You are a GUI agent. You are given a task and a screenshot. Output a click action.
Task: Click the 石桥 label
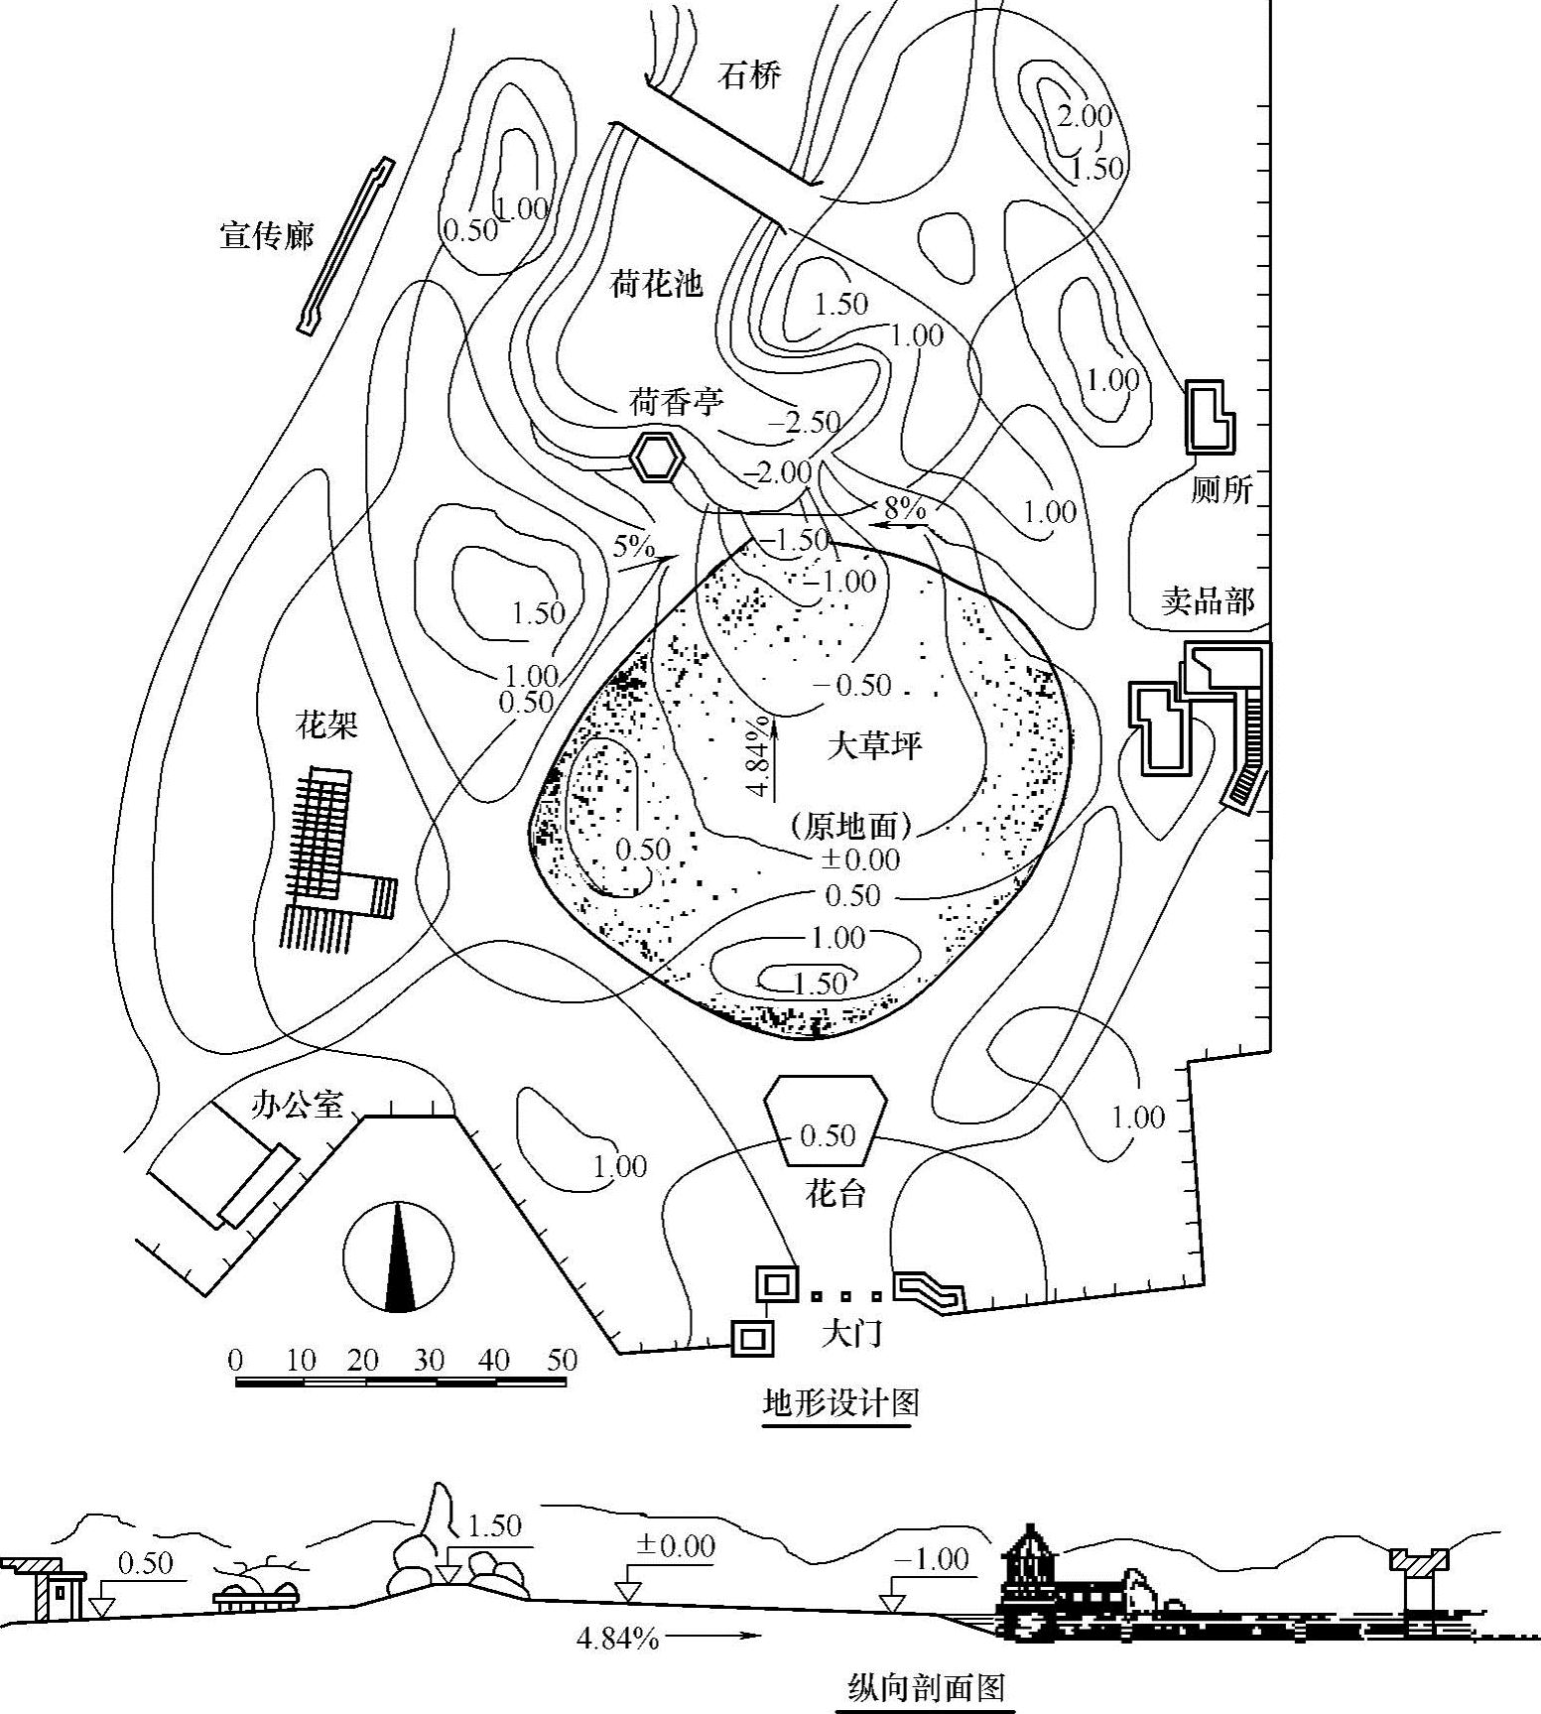(750, 75)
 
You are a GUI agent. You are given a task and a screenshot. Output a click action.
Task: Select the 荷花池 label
(656, 285)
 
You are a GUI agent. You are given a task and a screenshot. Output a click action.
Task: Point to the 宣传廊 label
(266, 236)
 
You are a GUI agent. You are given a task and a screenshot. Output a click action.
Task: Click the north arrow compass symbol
(399, 1256)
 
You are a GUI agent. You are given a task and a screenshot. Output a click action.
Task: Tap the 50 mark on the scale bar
(562, 1360)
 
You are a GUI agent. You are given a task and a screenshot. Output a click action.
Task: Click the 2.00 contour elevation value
(1084, 116)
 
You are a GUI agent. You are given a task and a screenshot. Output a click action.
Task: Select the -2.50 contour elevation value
(804, 422)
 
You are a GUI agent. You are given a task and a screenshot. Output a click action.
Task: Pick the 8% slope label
(904, 509)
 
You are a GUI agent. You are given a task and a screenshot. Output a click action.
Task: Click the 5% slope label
(634, 547)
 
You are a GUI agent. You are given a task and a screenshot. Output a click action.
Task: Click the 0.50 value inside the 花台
(828, 1135)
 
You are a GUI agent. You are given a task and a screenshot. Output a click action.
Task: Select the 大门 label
(851, 1334)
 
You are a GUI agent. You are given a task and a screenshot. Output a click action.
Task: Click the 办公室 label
(297, 1105)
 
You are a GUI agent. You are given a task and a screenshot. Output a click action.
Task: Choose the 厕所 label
(1221, 489)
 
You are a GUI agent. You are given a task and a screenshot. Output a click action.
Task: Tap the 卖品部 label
(1208, 600)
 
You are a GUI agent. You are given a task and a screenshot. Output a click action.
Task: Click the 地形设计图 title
(839, 1402)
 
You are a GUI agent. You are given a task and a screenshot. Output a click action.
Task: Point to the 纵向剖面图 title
(927, 1688)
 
